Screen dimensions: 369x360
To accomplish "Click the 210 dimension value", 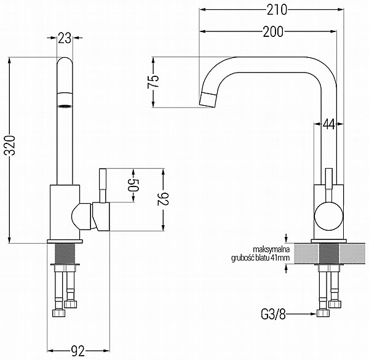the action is tap(277, 10).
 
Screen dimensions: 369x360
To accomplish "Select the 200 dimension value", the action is tap(273, 31).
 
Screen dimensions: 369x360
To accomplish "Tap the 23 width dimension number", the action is tap(65, 38).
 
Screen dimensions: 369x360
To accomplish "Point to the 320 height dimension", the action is tap(10, 145).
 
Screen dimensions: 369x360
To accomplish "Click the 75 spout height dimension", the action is tap(153, 82).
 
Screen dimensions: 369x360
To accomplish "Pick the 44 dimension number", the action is tap(329, 124).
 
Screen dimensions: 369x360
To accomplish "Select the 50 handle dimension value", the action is tap(133, 185).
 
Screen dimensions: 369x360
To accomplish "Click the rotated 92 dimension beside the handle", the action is tap(163, 199).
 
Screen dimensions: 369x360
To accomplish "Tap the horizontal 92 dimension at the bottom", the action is tap(77, 351).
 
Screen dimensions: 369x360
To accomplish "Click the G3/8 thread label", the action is tap(273, 314).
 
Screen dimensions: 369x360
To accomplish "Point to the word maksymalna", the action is tap(271, 249).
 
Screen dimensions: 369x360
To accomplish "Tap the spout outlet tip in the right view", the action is tap(208, 100).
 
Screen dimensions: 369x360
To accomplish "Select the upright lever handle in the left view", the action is tap(103, 185).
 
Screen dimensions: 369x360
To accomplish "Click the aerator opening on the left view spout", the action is tap(65, 106).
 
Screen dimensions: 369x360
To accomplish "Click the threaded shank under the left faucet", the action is tap(65, 254).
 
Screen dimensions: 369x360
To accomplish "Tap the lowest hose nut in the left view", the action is tap(58, 313).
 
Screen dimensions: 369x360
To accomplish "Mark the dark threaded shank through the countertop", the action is tap(329, 254).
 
